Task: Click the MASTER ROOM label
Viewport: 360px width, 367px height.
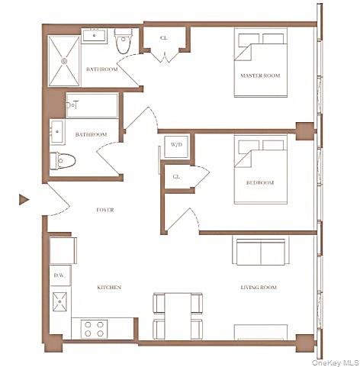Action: pyautogui.click(x=257, y=76)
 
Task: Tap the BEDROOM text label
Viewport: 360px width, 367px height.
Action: pyautogui.click(x=259, y=183)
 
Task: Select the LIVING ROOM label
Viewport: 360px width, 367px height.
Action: pyautogui.click(x=259, y=288)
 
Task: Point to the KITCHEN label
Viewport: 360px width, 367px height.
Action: pyautogui.click(x=109, y=288)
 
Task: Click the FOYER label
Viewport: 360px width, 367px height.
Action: pyautogui.click(x=105, y=210)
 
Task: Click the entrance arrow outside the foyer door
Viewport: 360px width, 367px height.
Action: pyautogui.click(x=24, y=200)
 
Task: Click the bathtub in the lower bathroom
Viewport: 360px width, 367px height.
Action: pyautogui.click(x=92, y=105)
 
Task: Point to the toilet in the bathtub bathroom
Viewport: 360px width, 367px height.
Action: pyautogui.click(x=65, y=161)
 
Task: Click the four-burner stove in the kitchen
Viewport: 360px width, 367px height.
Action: pyautogui.click(x=93, y=329)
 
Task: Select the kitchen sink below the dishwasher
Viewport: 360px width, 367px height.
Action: pyautogui.click(x=60, y=303)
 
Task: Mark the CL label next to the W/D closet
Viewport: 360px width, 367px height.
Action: pyautogui.click(x=176, y=176)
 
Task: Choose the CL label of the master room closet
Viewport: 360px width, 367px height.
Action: pyautogui.click(x=164, y=37)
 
